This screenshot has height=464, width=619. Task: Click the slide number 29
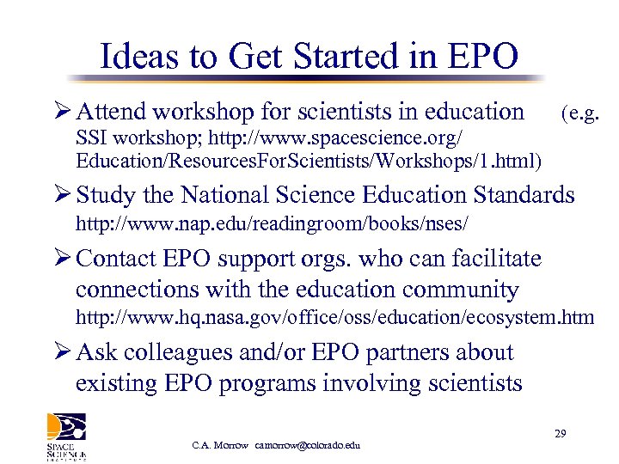point(560,434)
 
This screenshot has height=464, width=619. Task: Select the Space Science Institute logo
point(67,437)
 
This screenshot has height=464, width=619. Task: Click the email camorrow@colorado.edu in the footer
point(307,445)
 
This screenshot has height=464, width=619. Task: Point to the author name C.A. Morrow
point(220,445)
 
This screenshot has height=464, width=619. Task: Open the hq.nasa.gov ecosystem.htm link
point(334,318)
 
